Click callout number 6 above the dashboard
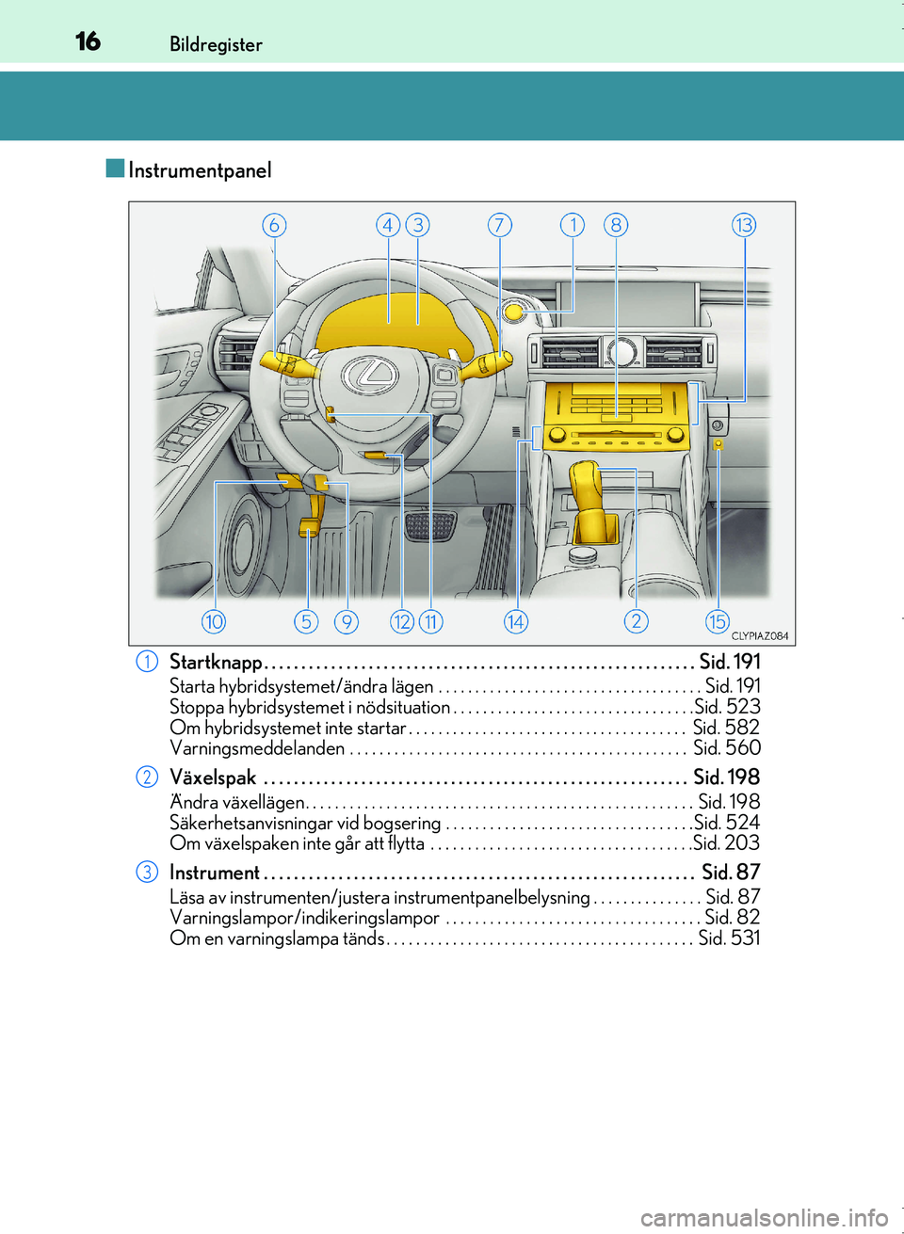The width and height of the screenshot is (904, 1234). point(274,225)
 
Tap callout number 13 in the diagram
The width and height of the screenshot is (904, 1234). point(744,225)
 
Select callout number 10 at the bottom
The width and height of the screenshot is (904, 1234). point(214,622)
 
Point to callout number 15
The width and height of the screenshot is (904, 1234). point(718,622)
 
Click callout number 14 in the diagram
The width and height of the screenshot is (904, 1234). point(516,622)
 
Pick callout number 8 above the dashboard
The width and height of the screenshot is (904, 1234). point(616,225)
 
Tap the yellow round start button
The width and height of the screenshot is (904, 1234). point(514,313)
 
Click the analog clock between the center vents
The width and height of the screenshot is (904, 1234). point(621,351)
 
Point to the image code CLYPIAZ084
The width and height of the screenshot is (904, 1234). point(760,635)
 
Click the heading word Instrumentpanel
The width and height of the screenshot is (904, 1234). point(200,170)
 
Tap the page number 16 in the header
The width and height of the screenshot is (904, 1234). point(89,41)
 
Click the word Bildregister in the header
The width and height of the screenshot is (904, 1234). point(216,44)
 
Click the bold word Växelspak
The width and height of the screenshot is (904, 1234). point(213,777)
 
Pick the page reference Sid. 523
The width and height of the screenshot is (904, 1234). point(727,707)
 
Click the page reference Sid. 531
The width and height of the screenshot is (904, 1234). point(729,938)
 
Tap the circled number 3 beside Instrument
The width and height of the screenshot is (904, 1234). point(147,872)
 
